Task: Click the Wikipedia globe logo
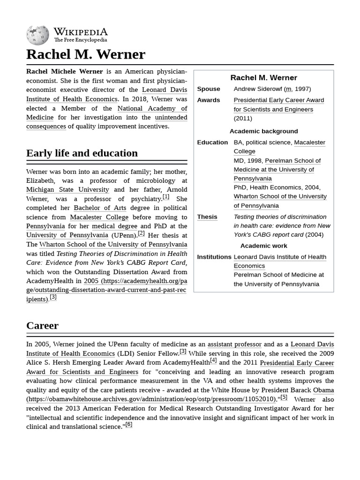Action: (37, 35)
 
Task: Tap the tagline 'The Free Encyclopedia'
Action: (80, 40)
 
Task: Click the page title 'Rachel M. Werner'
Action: (86, 54)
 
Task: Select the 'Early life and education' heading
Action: (82, 153)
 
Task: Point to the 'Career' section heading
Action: (42, 326)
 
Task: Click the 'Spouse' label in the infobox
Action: (209, 89)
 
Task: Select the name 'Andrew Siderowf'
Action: (258, 89)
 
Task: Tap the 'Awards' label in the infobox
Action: (209, 100)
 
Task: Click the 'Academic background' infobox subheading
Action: (263, 131)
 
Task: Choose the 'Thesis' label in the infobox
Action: (207, 217)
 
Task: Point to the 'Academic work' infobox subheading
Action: (263, 246)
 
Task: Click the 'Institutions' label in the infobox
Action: (214, 257)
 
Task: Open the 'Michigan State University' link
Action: (67, 190)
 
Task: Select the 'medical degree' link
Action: (114, 226)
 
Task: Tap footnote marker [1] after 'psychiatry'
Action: (166, 197)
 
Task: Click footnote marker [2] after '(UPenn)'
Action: (141, 233)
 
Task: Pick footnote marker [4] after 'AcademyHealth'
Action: (213, 360)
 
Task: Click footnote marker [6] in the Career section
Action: (128, 425)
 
